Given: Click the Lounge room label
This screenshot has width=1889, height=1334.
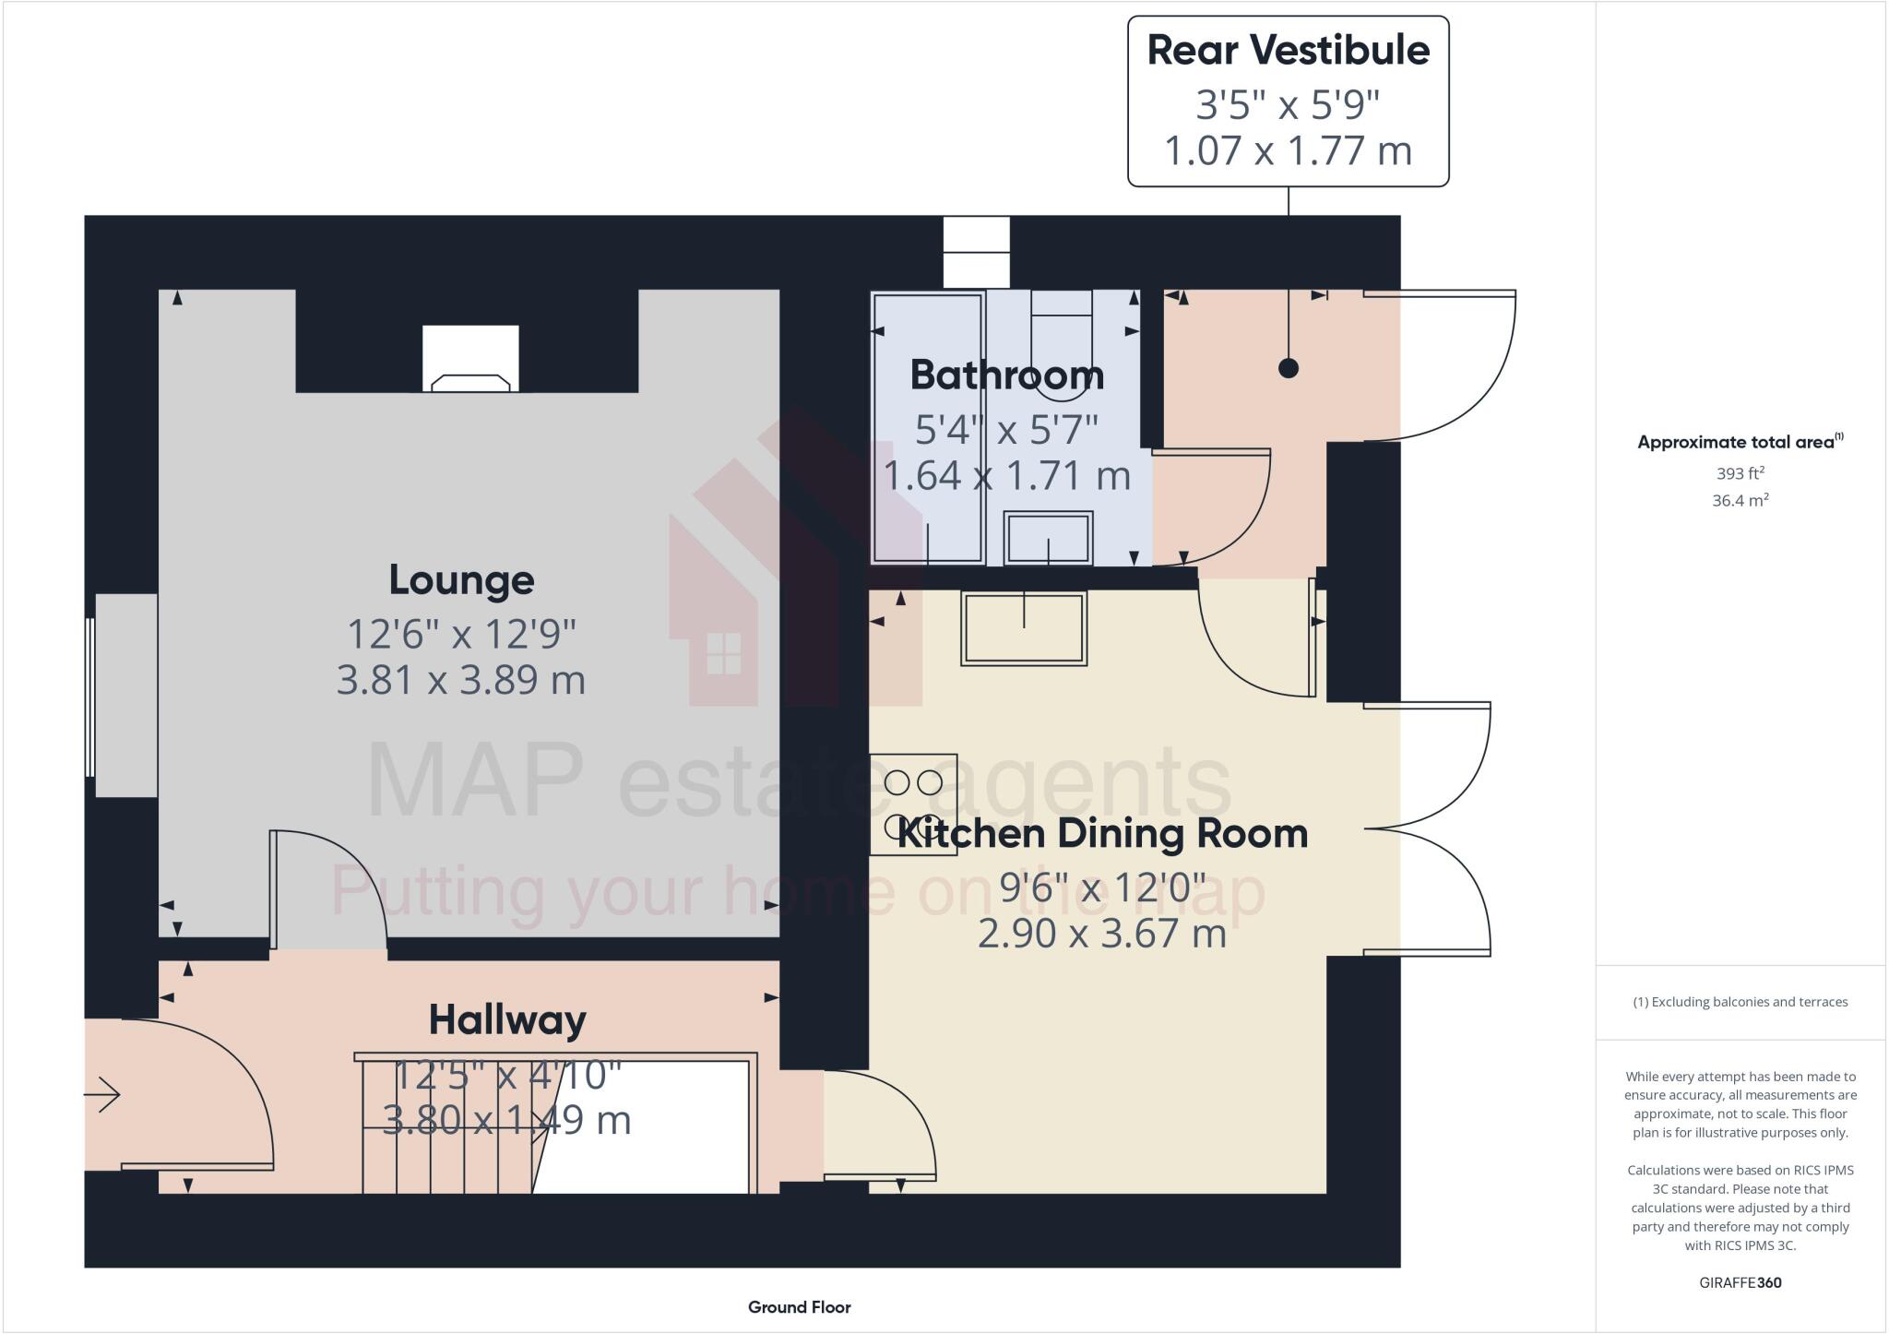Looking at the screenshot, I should [461, 580].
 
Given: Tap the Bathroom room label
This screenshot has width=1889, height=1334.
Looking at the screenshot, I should [1006, 375].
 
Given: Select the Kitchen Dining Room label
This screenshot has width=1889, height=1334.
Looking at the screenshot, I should [1102, 834].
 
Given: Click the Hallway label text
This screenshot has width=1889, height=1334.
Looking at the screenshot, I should [507, 1020].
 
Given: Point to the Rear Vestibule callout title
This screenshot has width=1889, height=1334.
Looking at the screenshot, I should [1288, 50].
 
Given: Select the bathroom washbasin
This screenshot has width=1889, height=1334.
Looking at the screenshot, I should [1049, 538].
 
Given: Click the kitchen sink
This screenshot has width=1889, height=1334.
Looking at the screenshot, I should [1024, 627].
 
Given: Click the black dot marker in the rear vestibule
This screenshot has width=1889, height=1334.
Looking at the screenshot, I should [1289, 368].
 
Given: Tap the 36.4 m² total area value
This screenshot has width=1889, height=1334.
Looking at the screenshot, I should [1740, 501].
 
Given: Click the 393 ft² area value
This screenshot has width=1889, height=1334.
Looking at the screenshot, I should [1740, 473].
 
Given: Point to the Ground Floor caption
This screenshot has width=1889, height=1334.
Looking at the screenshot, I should [799, 1307].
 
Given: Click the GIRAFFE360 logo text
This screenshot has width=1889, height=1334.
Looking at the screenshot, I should [1740, 1282].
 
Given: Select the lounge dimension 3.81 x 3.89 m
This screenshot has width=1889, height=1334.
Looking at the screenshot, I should [461, 680].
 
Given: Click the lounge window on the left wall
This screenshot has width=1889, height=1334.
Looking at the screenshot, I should [90, 697].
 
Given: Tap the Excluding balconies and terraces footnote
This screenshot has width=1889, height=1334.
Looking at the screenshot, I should [1740, 1002].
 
